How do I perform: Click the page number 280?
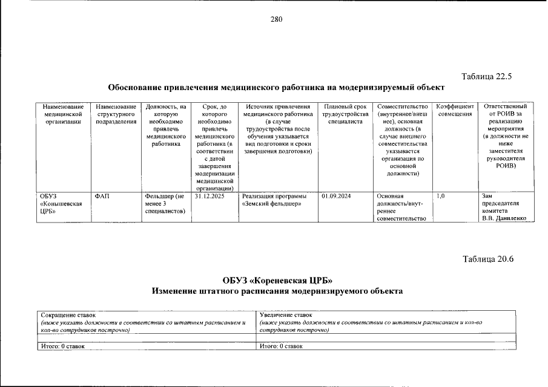276,19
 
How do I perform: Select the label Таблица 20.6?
487,259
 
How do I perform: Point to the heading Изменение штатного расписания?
277,291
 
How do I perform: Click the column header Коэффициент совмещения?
455,111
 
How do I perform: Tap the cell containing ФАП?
102,196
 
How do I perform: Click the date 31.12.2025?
210,196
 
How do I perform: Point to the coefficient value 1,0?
441,196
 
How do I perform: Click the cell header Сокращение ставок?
68,315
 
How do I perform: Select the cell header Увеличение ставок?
285,315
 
